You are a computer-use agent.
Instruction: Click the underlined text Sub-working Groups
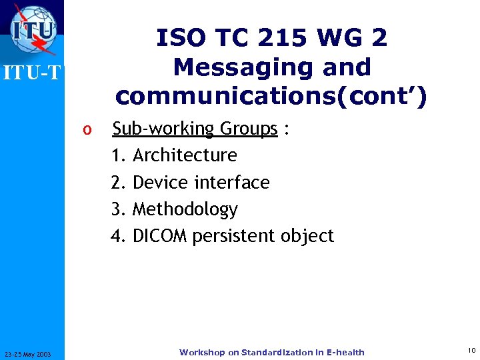[x=195, y=129]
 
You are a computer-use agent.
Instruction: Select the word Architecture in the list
[x=185, y=155]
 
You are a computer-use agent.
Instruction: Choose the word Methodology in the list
[x=185, y=209]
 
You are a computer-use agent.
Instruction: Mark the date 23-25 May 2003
[x=32, y=353]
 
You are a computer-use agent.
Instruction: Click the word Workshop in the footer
[x=202, y=353]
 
